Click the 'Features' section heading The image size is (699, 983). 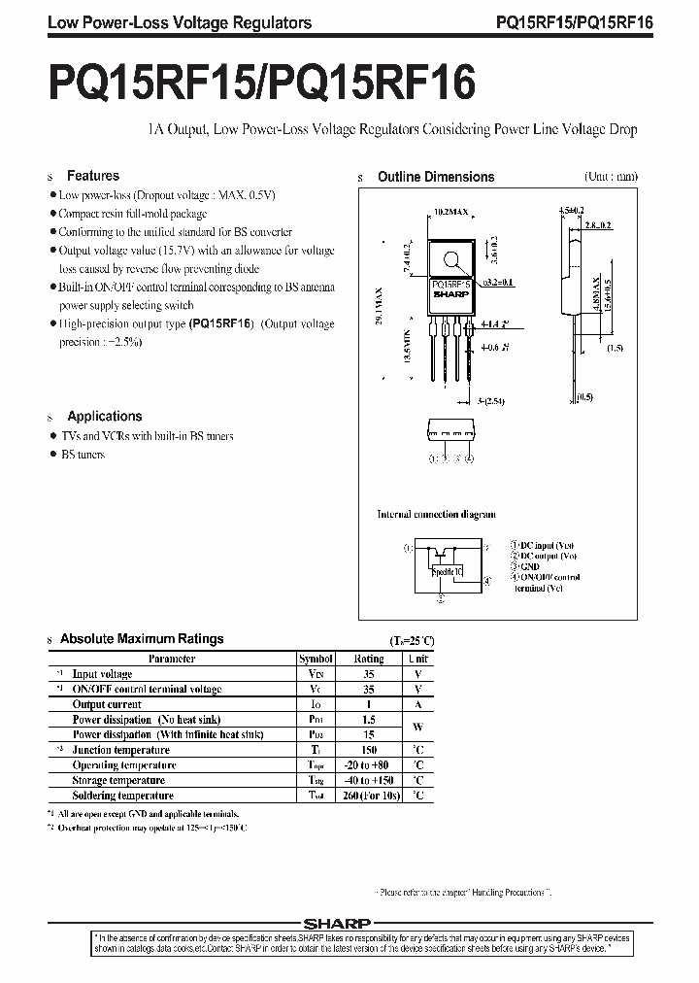click(x=92, y=176)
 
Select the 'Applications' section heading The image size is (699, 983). click(x=104, y=416)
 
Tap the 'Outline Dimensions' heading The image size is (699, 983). click(x=435, y=177)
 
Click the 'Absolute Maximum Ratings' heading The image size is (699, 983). click(x=142, y=639)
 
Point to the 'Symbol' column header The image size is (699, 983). click(x=316, y=659)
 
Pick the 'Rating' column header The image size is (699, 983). click(x=369, y=659)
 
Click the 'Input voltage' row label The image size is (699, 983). click(x=102, y=674)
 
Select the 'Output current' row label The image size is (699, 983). click(x=107, y=704)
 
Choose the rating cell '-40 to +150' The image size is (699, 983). click(x=369, y=780)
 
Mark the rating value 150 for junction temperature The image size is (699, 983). click(x=369, y=750)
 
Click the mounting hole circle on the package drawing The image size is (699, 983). click(x=450, y=259)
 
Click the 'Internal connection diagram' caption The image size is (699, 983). click(x=436, y=514)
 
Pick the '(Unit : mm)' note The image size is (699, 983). click(x=611, y=177)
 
